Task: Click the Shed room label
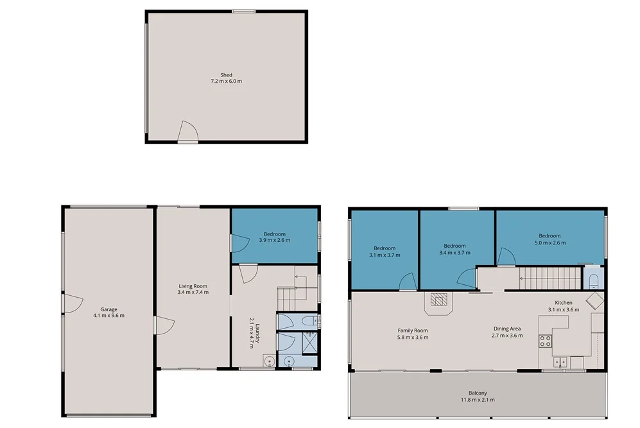(x=226, y=78)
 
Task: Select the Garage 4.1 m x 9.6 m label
(x=108, y=312)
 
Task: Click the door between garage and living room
(x=160, y=325)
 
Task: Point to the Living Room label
(x=193, y=289)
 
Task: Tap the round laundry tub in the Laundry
(x=268, y=362)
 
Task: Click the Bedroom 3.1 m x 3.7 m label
(x=385, y=251)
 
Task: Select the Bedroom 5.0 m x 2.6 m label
(x=549, y=239)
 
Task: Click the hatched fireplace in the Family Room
(x=438, y=300)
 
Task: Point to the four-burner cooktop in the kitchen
(x=546, y=341)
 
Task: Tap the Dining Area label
(x=506, y=332)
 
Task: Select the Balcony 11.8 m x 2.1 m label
(x=478, y=396)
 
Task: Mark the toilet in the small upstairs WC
(x=593, y=280)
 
